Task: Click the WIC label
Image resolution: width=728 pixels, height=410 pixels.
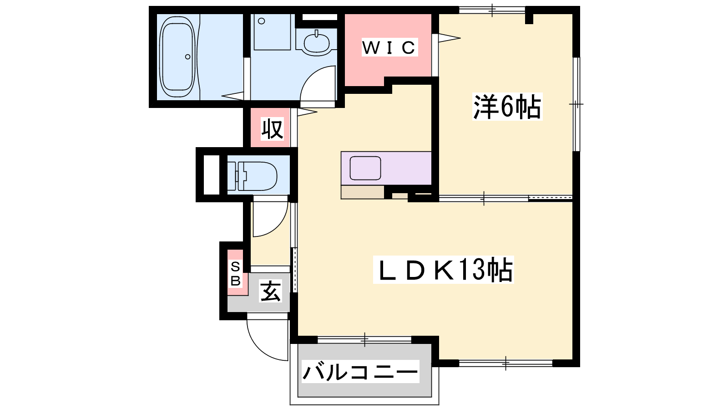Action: coord(389,48)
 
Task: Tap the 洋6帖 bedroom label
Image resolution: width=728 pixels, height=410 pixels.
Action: coord(507,107)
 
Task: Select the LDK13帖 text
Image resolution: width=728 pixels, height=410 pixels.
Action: coord(443,269)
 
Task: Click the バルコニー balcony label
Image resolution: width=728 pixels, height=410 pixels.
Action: coord(360,371)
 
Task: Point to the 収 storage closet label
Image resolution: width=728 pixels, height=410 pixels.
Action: coord(273,129)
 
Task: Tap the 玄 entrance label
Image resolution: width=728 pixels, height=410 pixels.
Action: coord(270,291)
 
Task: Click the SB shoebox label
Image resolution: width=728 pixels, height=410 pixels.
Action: coord(235,274)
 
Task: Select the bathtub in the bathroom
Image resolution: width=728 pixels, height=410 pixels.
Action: coord(178,57)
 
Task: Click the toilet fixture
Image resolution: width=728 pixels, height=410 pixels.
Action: coord(252,176)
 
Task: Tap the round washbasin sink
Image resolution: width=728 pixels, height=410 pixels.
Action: coord(316,42)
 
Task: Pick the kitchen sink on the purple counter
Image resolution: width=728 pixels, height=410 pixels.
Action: coord(365,168)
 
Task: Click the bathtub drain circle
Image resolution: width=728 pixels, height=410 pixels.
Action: coord(187,57)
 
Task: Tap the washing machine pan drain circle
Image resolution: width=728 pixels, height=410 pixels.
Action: coord(261,21)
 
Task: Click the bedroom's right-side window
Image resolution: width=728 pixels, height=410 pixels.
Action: coord(576,104)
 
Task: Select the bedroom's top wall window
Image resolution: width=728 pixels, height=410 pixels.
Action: coord(492,10)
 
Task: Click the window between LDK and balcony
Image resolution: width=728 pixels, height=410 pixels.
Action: coord(364,340)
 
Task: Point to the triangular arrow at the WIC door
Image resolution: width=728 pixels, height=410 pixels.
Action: coord(449,38)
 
